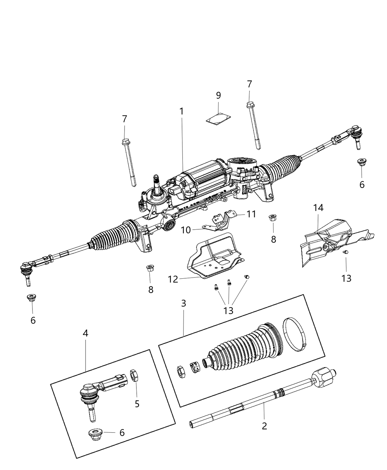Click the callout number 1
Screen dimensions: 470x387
click(181, 111)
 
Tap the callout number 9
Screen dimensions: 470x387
click(219, 95)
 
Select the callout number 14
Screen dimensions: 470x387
click(318, 208)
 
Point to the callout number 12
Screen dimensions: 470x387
click(173, 279)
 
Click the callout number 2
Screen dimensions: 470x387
click(264, 426)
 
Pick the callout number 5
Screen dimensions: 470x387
click(137, 404)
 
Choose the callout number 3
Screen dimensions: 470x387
click(184, 303)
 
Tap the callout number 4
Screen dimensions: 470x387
click(86, 334)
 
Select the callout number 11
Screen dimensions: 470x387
click(251, 214)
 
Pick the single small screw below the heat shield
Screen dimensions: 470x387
click(346, 252)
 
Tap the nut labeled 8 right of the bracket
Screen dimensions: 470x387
click(273, 217)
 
